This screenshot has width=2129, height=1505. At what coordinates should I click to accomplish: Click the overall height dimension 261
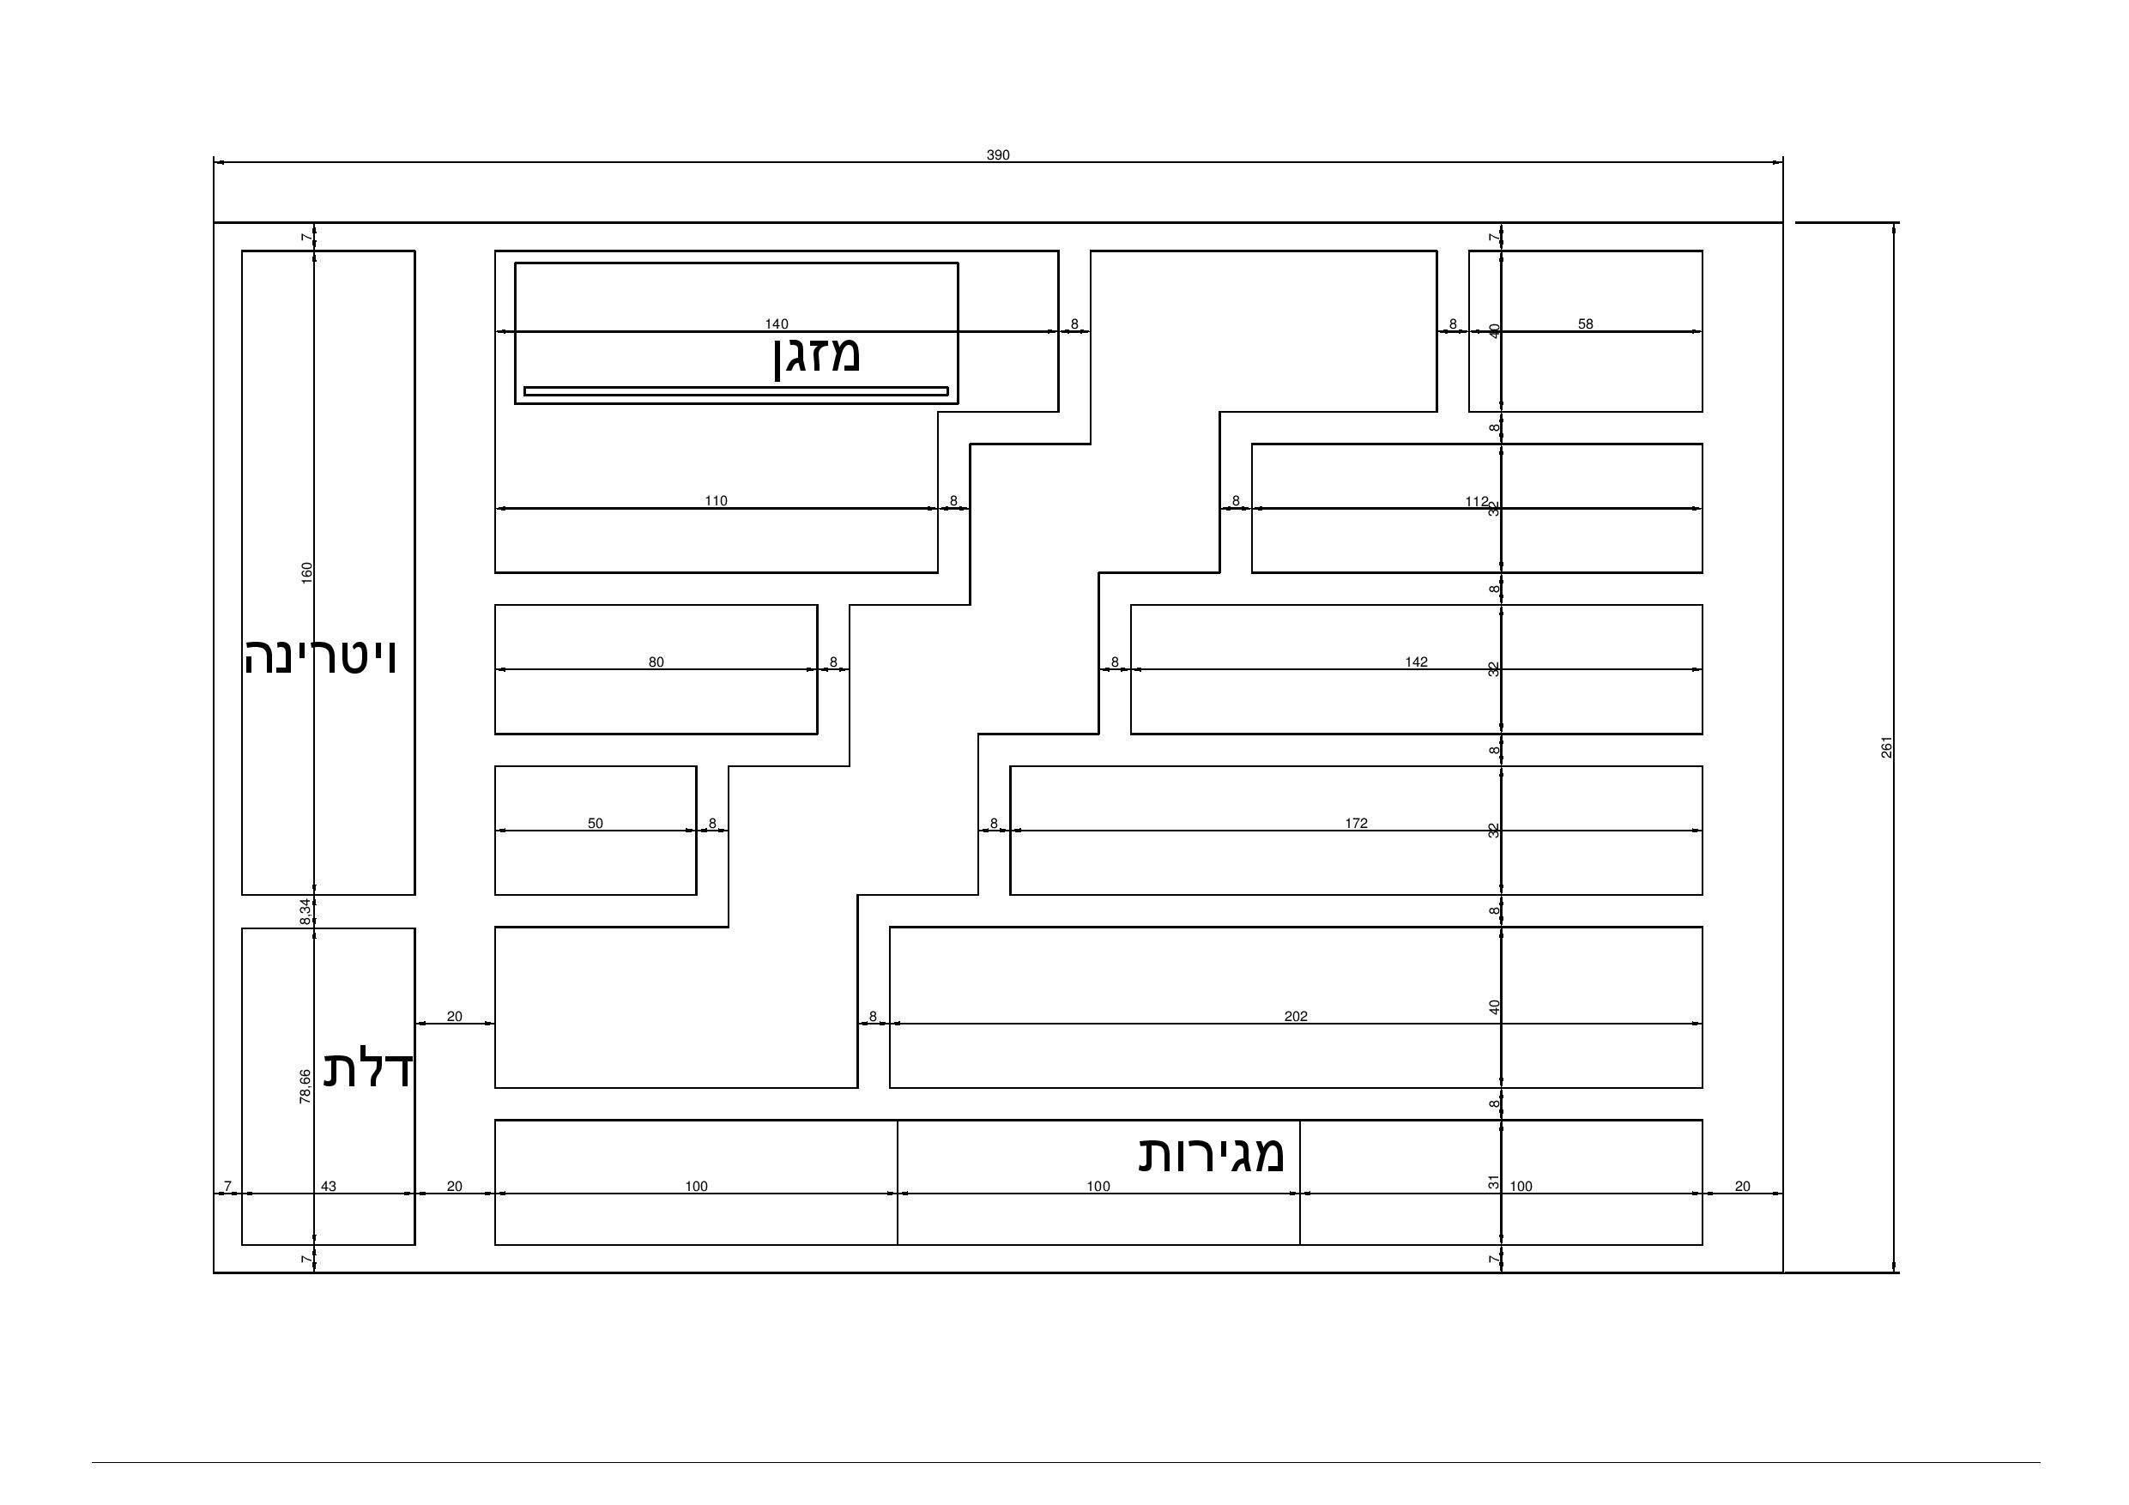coord(1886,747)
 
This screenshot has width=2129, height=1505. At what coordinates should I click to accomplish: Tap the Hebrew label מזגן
coord(817,356)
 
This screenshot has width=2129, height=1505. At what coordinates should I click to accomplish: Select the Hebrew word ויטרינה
coord(321,657)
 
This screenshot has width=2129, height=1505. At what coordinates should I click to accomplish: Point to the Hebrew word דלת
coord(368,1069)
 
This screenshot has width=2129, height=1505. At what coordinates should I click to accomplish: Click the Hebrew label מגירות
coord(1211,1154)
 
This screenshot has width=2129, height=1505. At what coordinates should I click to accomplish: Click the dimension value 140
coord(776,324)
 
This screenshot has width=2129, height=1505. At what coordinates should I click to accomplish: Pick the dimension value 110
coord(716,502)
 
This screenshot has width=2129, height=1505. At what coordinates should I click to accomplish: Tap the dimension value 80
coord(656,663)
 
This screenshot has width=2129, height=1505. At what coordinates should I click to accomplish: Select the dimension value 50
coord(596,824)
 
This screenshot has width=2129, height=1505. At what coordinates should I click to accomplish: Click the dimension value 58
coord(1586,324)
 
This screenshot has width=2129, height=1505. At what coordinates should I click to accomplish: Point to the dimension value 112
coord(1476,502)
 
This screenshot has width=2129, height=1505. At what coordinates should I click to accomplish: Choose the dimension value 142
coord(1416,662)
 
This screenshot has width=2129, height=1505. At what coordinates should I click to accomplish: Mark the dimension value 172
coord(1356,824)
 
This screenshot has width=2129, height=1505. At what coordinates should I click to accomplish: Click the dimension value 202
coord(1296,1016)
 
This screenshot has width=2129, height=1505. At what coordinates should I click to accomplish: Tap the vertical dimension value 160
coord(307,572)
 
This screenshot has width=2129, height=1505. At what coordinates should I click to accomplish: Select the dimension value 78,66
coord(305,1086)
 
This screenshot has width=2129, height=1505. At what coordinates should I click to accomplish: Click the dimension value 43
coord(329,1186)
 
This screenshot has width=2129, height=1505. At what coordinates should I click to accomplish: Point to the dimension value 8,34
coord(305,911)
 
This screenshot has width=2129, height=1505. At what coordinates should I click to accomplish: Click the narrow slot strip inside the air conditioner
coord(735,391)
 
